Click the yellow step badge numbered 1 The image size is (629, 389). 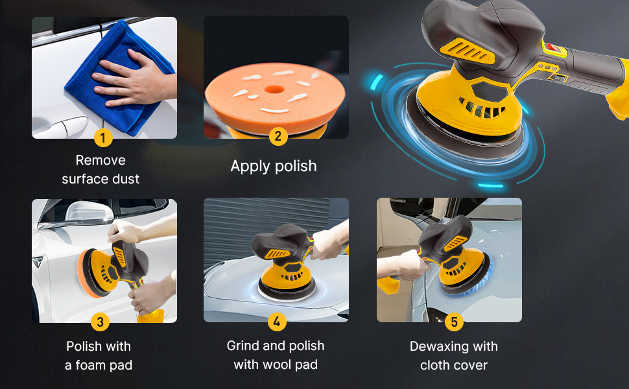pos(103,137)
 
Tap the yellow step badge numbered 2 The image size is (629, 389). pos(278,136)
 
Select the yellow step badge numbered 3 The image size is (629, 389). pos(100,322)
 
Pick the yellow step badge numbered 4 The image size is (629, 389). pos(277,322)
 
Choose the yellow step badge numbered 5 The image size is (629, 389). pos(454,322)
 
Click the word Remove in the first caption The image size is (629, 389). pos(101,160)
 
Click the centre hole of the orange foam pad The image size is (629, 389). pos(274,89)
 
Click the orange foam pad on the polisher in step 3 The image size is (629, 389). pos(86,274)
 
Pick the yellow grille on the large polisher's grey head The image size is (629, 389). pos(468,51)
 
